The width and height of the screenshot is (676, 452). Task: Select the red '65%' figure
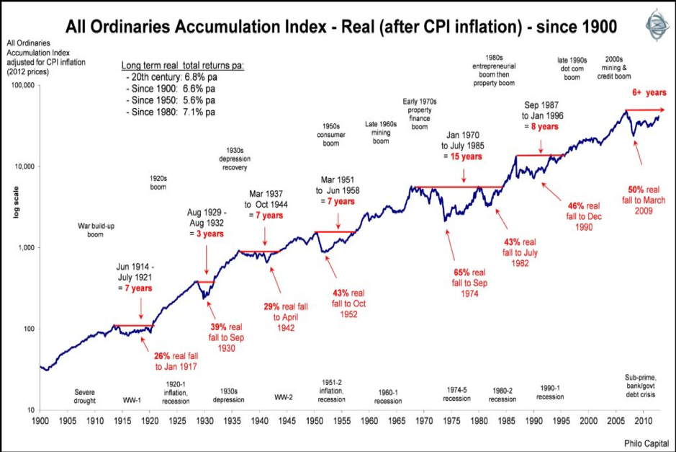pyautogui.click(x=461, y=272)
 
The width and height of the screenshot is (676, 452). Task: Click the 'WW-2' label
pyautogui.click(x=284, y=397)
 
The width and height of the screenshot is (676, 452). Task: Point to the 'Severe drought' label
pyautogui.click(x=84, y=397)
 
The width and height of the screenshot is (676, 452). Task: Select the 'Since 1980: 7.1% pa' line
pyautogui.click(x=172, y=112)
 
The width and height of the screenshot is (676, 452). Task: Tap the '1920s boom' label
pyautogui.click(x=158, y=182)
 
